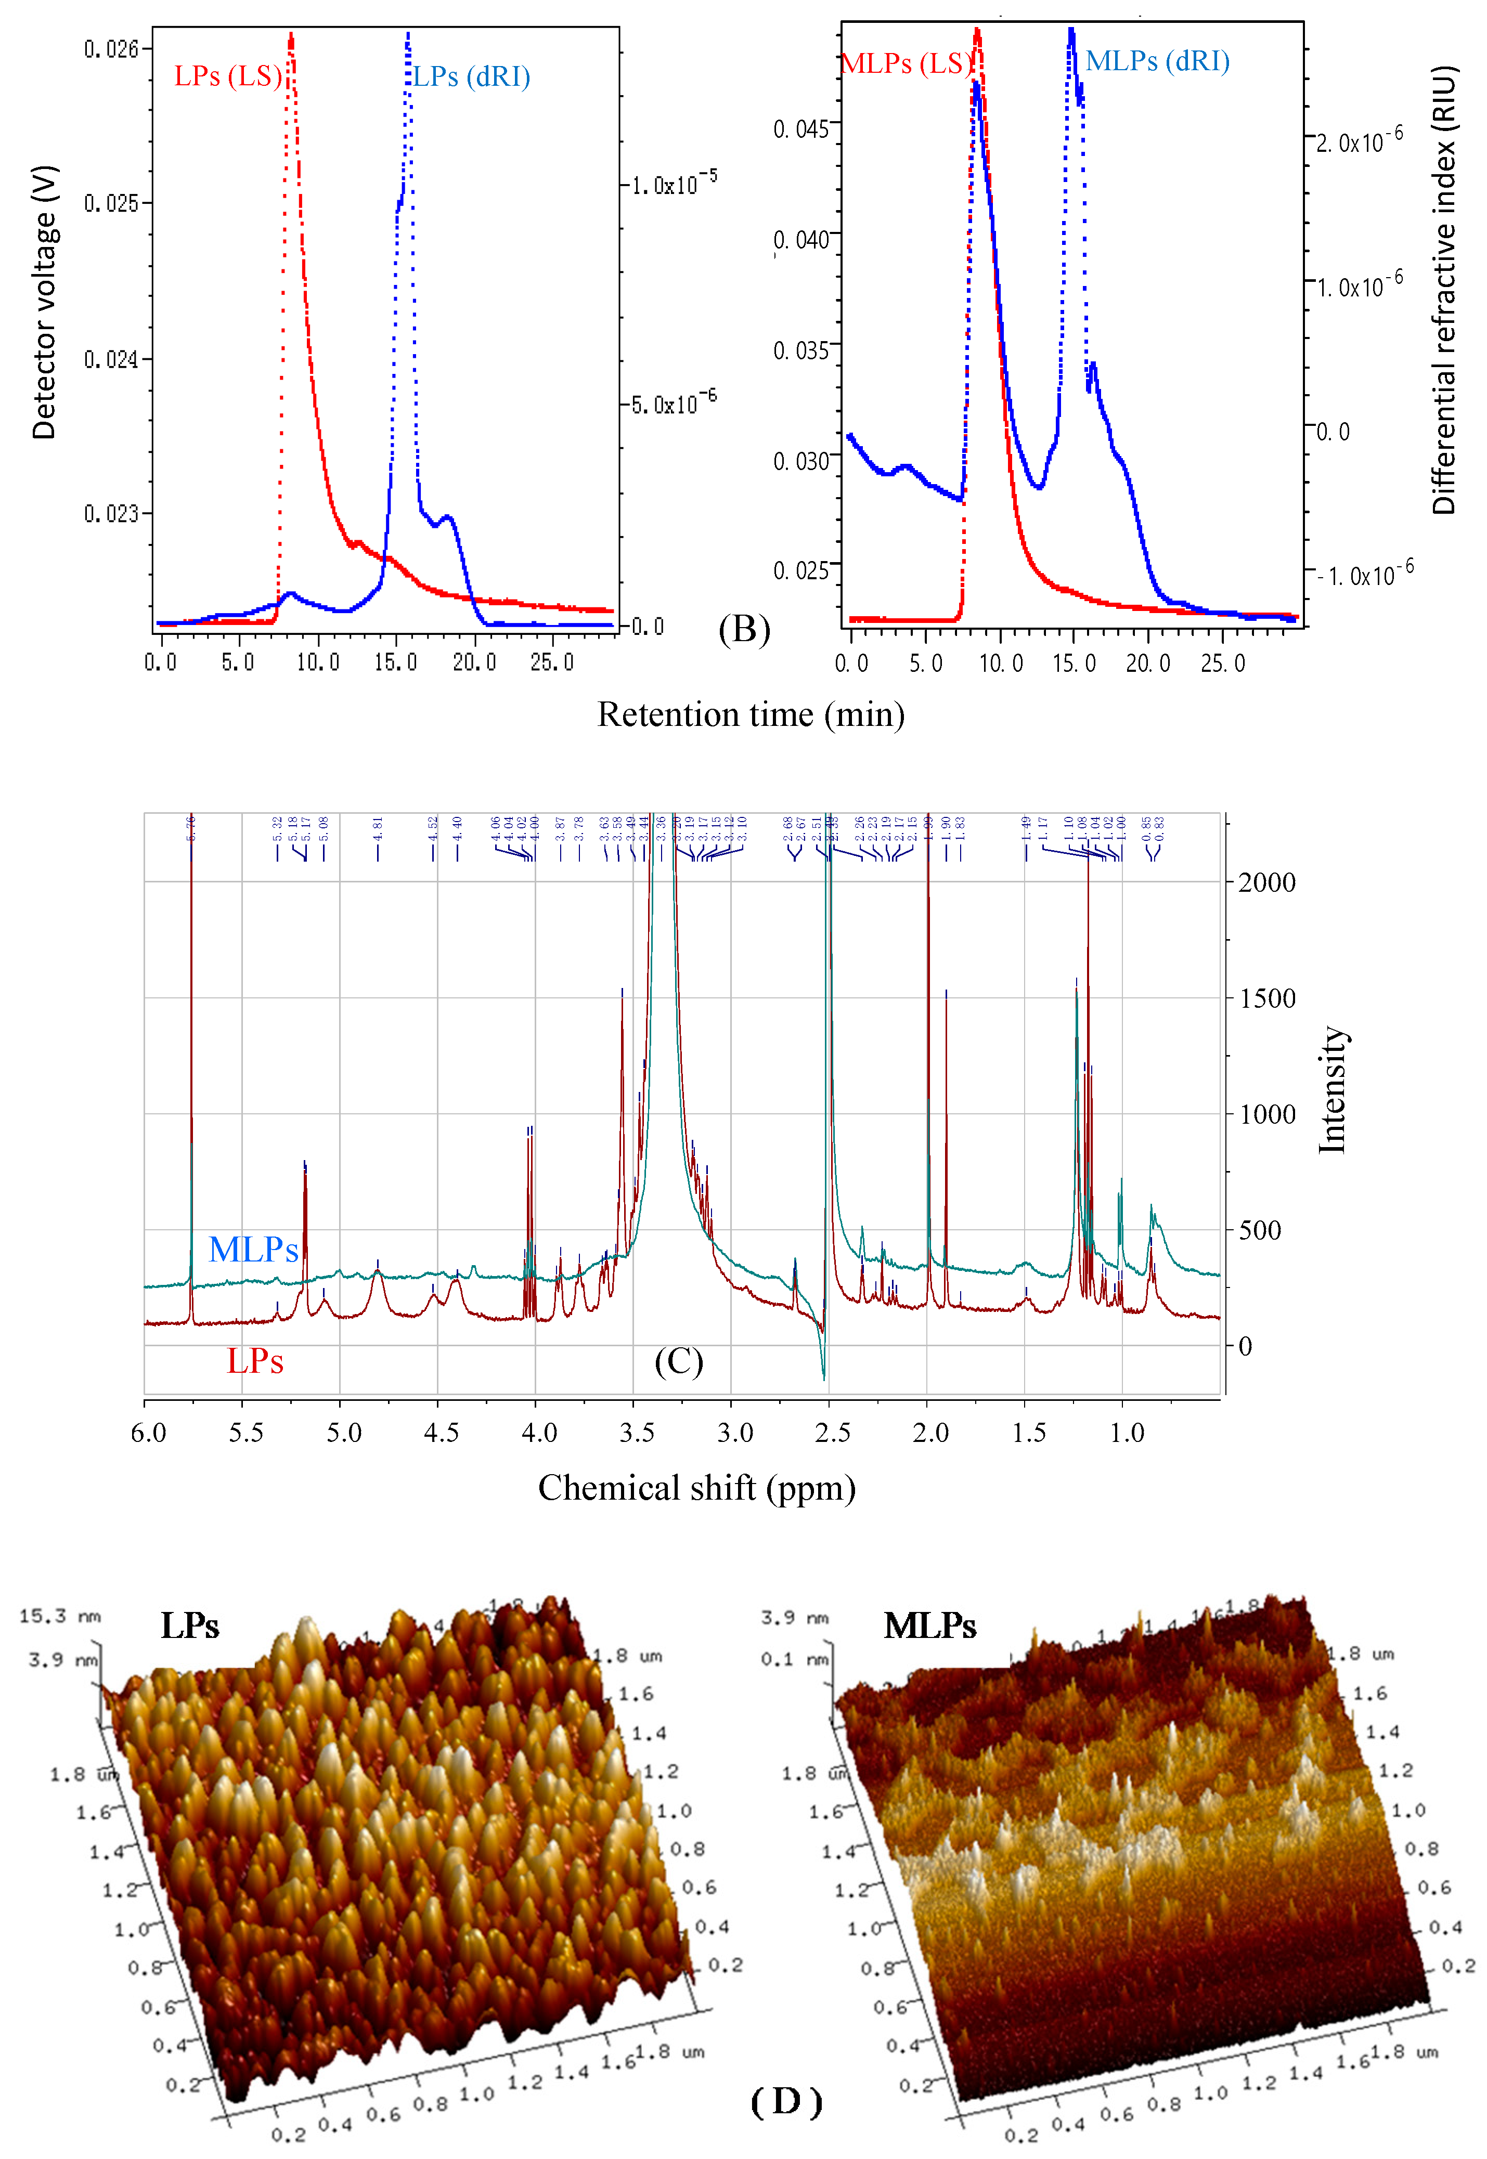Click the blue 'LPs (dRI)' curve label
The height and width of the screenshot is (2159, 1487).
tap(471, 76)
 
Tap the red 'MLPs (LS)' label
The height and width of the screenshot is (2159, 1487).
tap(906, 63)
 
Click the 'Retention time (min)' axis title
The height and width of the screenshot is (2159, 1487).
tap(751, 714)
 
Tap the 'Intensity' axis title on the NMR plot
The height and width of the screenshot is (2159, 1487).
tap(1333, 1090)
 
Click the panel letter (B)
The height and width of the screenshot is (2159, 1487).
tap(744, 630)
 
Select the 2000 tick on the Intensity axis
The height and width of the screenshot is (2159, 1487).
tap(1266, 882)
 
